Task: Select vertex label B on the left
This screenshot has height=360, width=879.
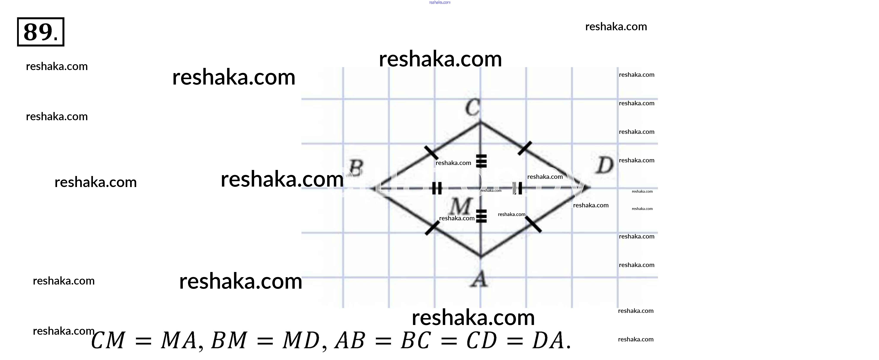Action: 356,168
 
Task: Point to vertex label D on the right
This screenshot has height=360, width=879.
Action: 605,166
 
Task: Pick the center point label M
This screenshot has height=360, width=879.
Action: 461,206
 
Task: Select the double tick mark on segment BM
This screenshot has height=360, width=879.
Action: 437,188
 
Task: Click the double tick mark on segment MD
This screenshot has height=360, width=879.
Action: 518,188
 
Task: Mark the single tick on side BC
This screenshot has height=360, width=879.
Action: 431,152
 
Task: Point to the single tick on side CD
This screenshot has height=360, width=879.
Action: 525,148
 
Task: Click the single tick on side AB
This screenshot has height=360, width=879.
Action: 432,228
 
